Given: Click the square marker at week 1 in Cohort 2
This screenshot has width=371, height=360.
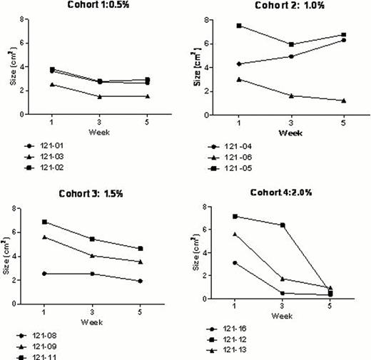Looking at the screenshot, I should coord(238,26).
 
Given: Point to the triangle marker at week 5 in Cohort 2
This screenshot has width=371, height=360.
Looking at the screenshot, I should coord(344,101).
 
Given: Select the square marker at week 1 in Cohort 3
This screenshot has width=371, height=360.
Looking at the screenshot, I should coord(46,222).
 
